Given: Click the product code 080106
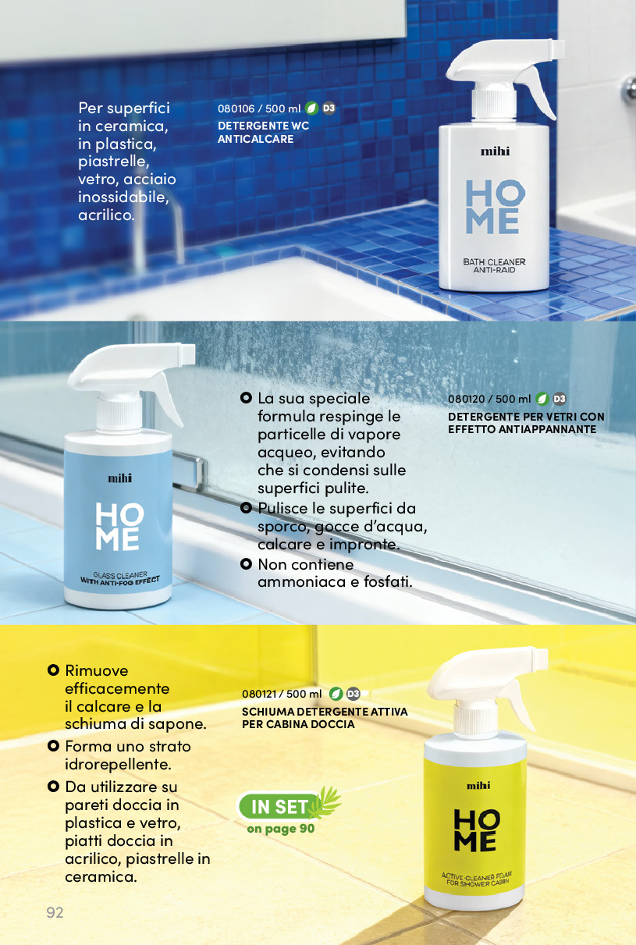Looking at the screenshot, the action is pyautogui.click(x=236, y=108).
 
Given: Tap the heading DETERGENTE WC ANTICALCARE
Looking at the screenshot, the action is pyautogui.click(x=263, y=132).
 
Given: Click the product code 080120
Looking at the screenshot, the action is pyautogui.click(x=467, y=399).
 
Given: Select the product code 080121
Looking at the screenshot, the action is pyautogui.click(x=260, y=694).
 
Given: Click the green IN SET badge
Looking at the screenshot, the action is pyautogui.click(x=279, y=806).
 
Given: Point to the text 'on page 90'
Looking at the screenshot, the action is pyautogui.click(x=281, y=829).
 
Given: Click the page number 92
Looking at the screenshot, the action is pyautogui.click(x=55, y=912).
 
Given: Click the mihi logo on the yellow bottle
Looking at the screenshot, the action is pyautogui.click(x=478, y=785).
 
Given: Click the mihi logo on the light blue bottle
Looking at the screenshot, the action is pyautogui.click(x=119, y=478).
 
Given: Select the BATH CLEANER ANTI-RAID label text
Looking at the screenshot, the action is pyautogui.click(x=494, y=266).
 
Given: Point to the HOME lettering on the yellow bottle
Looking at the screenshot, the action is pyautogui.click(x=476, y=830).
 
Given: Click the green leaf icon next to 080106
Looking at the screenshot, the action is pyautogui.click(x=311, y=108).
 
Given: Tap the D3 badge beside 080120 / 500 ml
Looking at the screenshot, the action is pyautogui.click(x=560, y=399).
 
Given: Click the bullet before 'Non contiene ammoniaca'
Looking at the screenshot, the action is pyautogui.click(x=246, y=563).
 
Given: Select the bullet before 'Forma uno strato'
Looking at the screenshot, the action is pyautogui.click(x=53, y=746).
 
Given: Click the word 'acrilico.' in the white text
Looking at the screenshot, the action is pyautogui.click(x=106, y=215).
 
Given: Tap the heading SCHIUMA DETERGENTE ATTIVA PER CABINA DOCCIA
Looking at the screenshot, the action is pyautogui.click(x=325, y=718).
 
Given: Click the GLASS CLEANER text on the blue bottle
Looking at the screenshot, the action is pyautogui.click(x=120, y=575).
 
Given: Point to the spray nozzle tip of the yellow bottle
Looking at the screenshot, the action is pyautogui.click(x=542, y=657).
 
